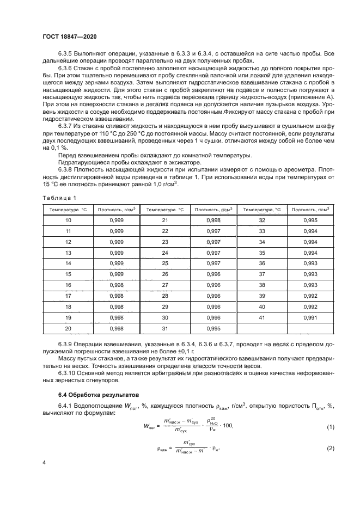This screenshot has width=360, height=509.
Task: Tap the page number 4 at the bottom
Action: pos(44,462)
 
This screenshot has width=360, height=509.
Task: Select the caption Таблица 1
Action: pos(56,198)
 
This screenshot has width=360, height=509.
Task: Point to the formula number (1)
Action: pos(330,427)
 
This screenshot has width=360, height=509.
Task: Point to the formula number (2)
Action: pos(330,449)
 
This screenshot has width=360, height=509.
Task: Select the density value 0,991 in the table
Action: pos(309,317)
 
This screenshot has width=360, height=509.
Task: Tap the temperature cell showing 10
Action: pos(68,220)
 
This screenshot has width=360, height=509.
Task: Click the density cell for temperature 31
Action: pos(213,329)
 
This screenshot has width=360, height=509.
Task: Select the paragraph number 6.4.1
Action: pos(67,405)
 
